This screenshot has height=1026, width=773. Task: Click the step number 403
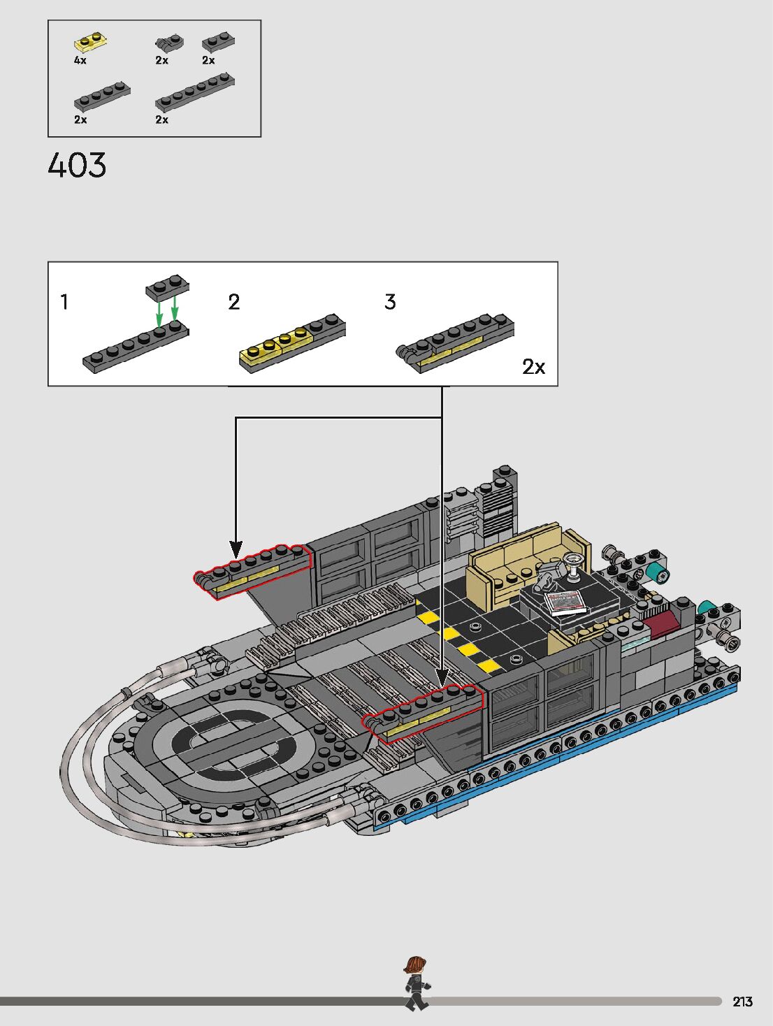(77, 166)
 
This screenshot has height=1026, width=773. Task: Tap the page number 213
(743, 1002)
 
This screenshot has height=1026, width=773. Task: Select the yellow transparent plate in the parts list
(92, 43)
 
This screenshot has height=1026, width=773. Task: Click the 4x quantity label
(80, 60)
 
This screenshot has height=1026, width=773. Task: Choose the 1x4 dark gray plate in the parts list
(102, 96)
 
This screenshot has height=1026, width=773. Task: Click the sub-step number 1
(64, 302)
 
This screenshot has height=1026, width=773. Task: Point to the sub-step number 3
(390, 302)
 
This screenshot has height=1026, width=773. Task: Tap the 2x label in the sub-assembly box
(534, 366)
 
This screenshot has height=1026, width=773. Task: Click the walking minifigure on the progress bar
(416, 983)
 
